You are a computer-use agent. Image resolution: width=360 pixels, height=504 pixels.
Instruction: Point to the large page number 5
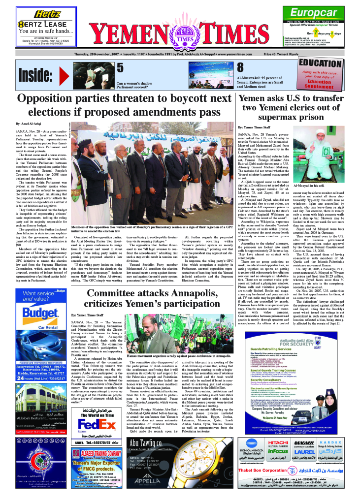[121, 68]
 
